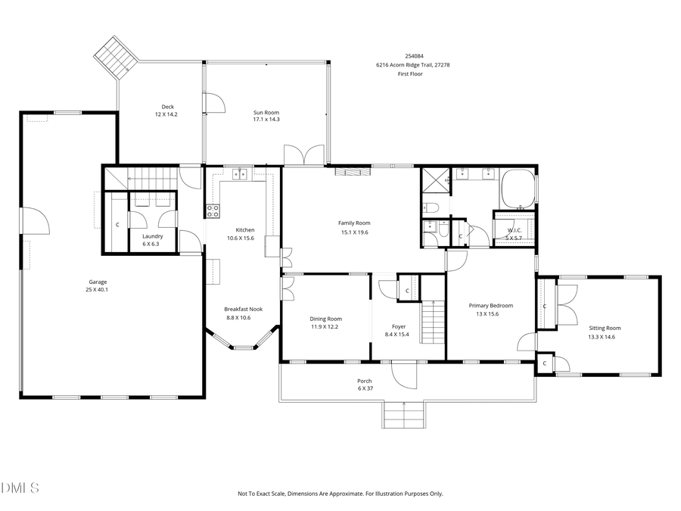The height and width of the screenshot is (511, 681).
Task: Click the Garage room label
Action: tap(96, 282)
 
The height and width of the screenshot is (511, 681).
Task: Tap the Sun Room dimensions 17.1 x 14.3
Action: tap(266, 120)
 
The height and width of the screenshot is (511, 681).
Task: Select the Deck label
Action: tap(167, 107)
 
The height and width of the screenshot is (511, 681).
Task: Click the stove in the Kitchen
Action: tap(213, 211)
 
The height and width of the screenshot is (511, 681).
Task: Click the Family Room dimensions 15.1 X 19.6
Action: tap(353, 232)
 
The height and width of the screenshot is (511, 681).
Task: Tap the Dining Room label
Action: tap(325, 319)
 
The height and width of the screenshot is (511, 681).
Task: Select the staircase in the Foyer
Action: tap(431, 321)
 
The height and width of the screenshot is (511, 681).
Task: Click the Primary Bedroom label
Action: tap(490, 305)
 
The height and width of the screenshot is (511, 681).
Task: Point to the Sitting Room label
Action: tap(604, 328)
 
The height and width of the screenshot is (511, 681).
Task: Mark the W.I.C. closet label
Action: tap(514, 230)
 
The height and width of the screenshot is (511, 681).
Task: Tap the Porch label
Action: tap(364, 381)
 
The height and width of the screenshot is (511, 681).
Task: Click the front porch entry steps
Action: tap(403, 415)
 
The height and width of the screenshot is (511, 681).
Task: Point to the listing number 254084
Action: tap(414, 56)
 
